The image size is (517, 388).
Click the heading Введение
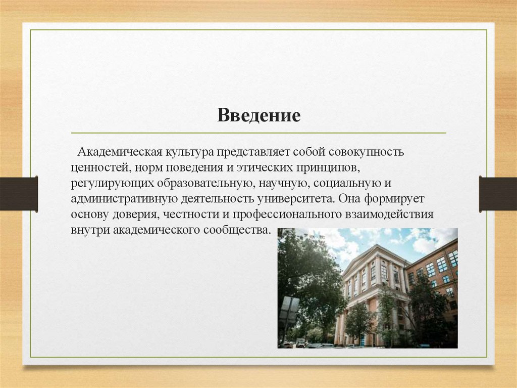pyautogui.click(x=259, y=115)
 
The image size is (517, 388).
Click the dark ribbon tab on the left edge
pyautogui.click(x=19, y=194)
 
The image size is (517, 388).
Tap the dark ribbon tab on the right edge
pyautogui.click(x=498, y=194)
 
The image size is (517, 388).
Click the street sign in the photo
pyautogui.click(x=288, y=309)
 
